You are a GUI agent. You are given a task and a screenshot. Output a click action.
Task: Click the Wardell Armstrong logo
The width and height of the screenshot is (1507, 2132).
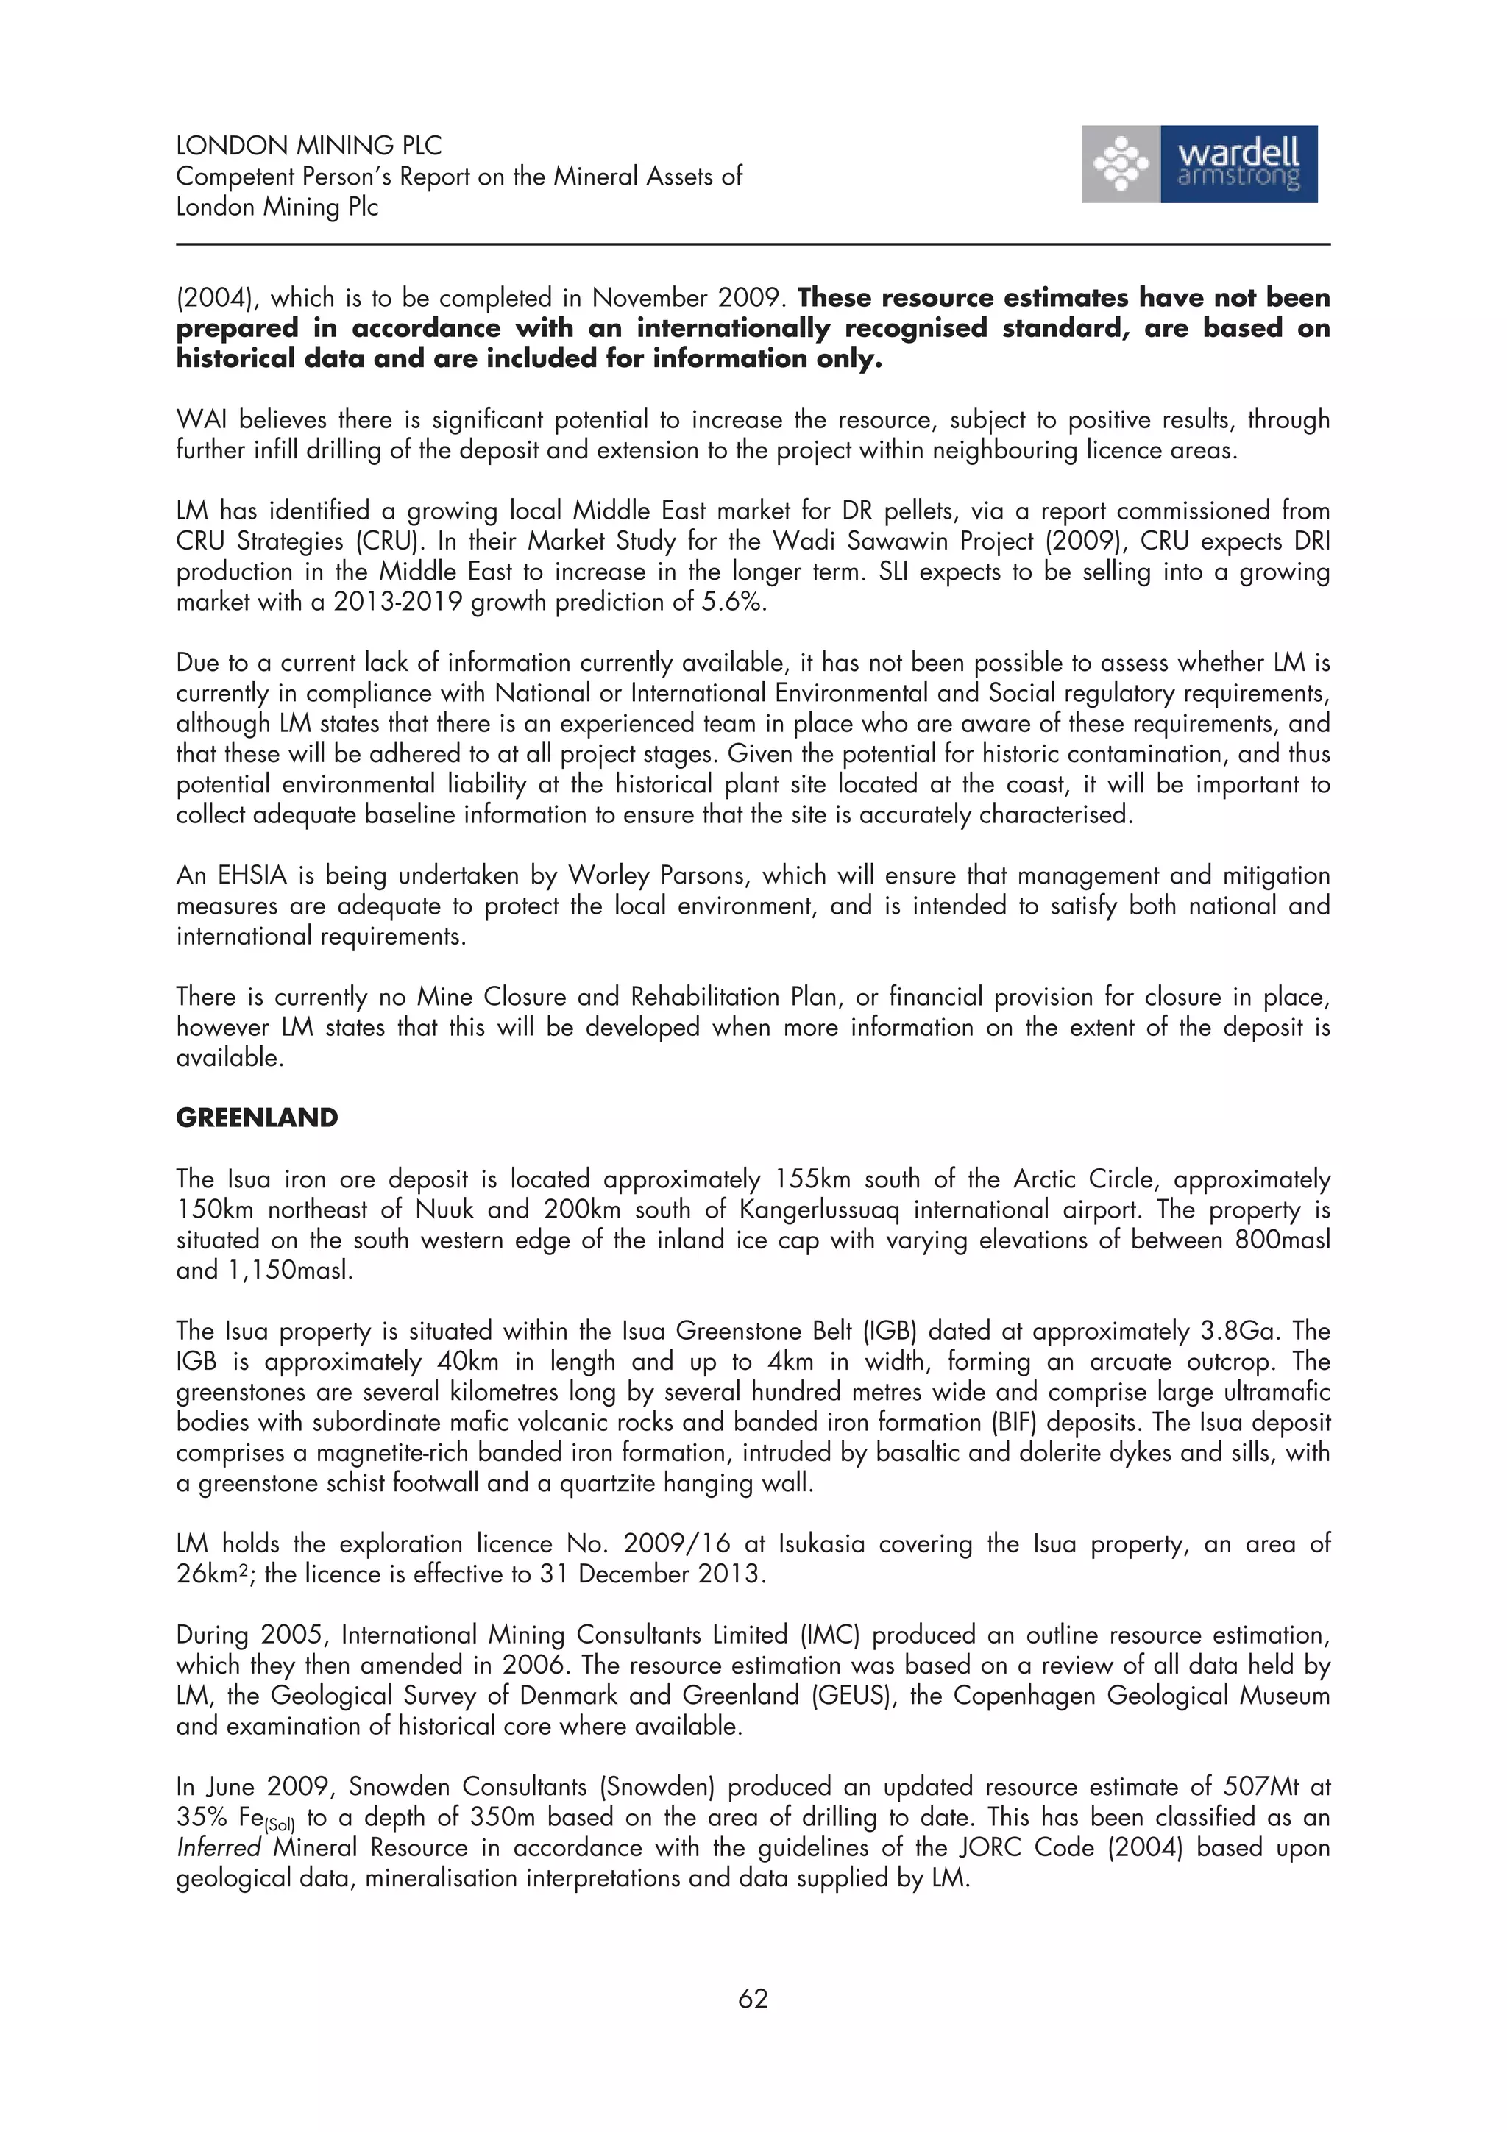1199,164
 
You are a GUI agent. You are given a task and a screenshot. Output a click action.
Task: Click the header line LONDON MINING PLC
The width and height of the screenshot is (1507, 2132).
308,145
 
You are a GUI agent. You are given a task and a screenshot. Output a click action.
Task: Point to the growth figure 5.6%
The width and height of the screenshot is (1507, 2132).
734,602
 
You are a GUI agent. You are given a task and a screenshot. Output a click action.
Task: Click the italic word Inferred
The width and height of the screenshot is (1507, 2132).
219,1848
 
